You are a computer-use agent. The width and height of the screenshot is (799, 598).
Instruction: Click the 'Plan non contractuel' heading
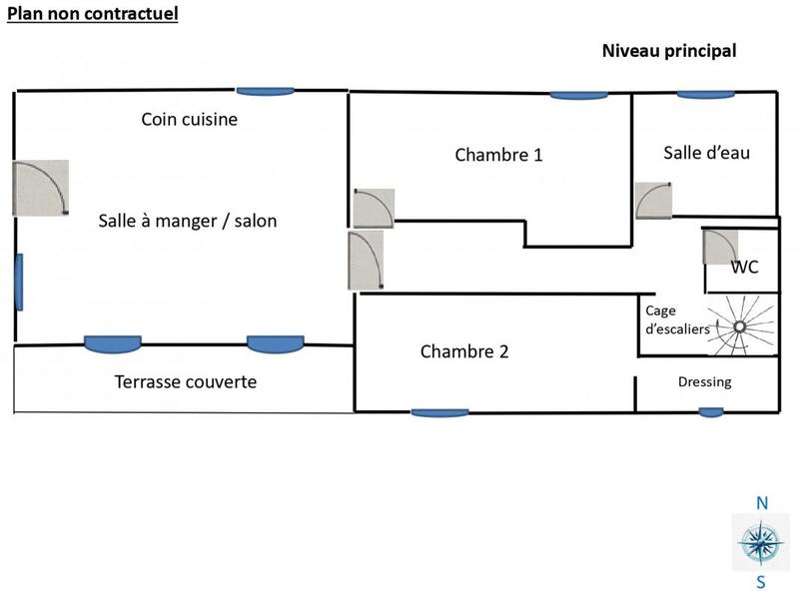[x=94, y=14]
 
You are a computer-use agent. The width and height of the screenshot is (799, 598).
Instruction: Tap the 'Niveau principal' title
[x=668, y=51]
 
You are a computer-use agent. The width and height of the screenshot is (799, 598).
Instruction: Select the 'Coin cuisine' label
[x=190, y=120]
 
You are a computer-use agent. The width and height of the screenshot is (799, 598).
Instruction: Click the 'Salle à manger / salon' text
[x=188, y=221]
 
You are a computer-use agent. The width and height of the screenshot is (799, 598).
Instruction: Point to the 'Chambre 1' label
[x=498, y=155]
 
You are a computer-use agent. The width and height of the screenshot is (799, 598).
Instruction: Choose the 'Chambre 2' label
[x=464, y=351]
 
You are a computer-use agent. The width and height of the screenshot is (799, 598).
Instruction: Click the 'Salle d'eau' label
[x=706, y=153]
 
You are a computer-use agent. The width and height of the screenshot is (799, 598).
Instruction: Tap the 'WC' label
[x=744, y=268]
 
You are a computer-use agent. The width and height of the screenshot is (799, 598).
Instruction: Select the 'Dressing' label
[x=704, y=381]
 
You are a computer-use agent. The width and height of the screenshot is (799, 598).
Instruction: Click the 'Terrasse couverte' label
[x=185, y=381]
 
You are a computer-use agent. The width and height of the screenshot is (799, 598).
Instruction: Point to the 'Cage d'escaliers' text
[x=676, y=319]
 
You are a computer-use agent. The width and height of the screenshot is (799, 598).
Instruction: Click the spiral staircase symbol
[x=740, y=325]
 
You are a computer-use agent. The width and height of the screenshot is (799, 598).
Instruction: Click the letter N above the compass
[x=761, y=504]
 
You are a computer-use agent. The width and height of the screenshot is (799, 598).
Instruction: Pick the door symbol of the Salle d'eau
[x=653, y=199]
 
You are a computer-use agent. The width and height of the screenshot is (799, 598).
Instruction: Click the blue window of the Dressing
[x=711, y=411]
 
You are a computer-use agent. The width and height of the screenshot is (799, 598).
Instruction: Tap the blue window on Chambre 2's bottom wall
[x=439, y=412]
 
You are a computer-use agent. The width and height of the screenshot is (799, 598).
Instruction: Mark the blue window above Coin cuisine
[x=265, y=91]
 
